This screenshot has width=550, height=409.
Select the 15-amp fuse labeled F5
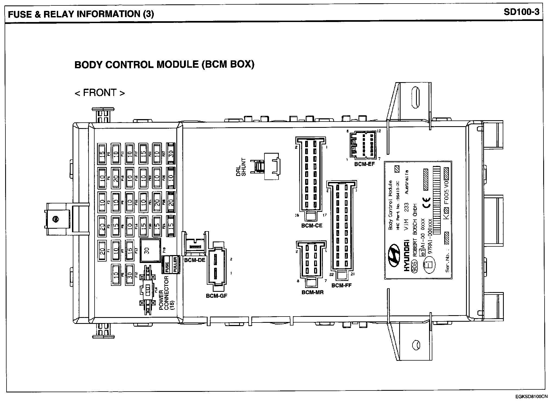102,153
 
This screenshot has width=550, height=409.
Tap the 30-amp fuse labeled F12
130,275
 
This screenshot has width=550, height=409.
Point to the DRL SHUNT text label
241,167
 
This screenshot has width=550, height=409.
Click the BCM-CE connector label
312,225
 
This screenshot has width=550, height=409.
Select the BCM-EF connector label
364,164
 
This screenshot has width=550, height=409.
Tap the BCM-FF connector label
341,285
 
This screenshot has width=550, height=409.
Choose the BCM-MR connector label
312,293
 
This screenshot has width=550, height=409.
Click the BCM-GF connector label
216,296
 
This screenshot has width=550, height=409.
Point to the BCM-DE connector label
195,260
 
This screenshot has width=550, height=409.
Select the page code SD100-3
521,12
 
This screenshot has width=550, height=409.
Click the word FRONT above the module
100,93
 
